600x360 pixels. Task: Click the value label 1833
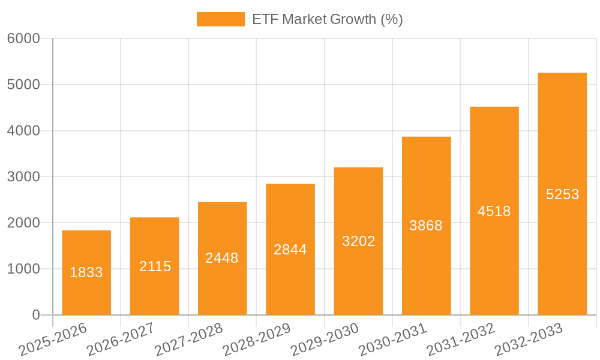(x=86, y=272)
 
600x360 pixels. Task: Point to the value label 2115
(x=155, y=266)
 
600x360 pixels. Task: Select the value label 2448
(x=222, y=258)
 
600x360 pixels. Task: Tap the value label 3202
(x=358, y=241)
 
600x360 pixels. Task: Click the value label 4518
(x=494, y=211)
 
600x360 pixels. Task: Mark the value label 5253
(x=562, y=194)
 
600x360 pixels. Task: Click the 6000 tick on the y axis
(x=23, y=39)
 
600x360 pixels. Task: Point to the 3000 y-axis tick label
(x=23, y=177)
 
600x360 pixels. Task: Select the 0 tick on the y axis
(x=35, y=315)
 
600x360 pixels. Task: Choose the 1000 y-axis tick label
(x=23, y=269)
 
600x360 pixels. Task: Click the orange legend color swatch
(x=220, y=19)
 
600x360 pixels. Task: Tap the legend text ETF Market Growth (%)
(x=327, y=19)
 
